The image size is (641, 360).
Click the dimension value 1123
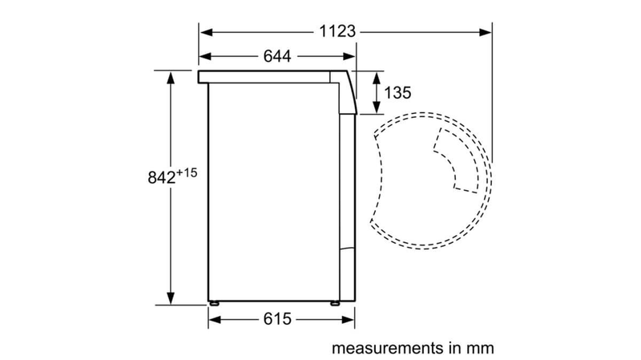click(337, 32)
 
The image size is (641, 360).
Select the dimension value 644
click(276, 56)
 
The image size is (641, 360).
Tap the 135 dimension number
click(397, 93)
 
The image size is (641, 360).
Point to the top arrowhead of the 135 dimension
click(376, 75)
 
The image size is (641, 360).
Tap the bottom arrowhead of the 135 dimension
click(376, 110)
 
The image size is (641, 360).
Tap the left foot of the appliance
click(216, 303)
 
